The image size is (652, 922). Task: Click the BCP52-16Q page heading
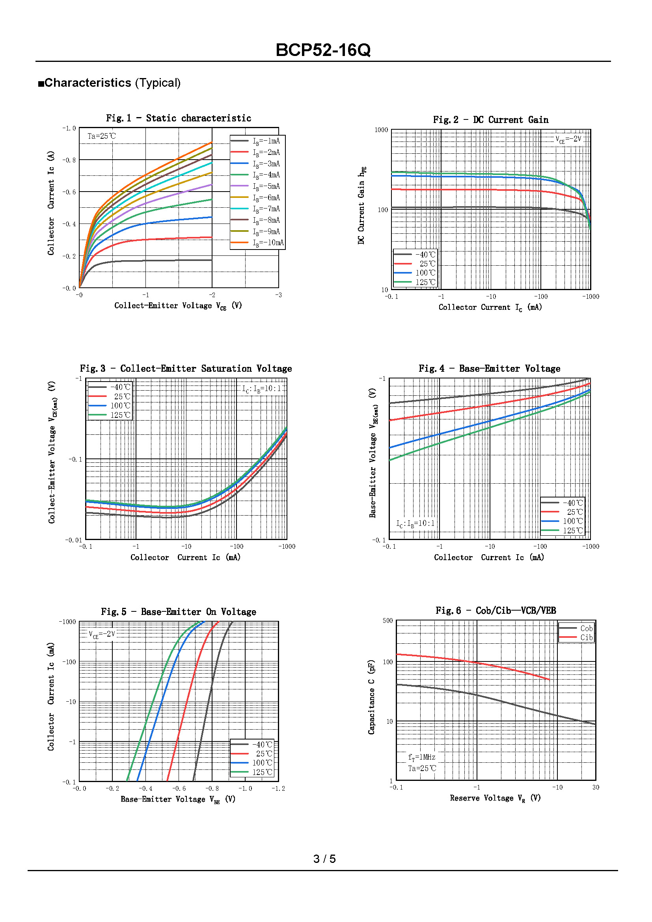[x=323, y=50]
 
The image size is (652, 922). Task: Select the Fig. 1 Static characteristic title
[x=178, y=118]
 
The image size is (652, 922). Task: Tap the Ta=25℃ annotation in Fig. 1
[x=102, y=136]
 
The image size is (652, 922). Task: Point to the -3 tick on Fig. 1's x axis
[x=278, y=295]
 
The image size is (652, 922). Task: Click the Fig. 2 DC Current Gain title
[x=490, y=120]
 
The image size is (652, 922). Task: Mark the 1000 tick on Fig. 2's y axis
[x=381, y=130]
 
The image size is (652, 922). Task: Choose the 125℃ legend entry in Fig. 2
[x=425, y=282]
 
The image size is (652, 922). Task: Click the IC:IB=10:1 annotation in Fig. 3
[x=261, y=389]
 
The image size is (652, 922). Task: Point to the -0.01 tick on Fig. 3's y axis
[x=73, y=540]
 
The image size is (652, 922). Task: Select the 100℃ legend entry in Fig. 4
[x=572, y=521]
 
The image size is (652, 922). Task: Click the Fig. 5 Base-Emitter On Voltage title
[x=178, y=612]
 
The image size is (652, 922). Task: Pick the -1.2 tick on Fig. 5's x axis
[x=278, y=788]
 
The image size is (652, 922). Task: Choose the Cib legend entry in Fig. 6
[x=586, y=637]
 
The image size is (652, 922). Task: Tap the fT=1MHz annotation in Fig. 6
[x=421, y=757]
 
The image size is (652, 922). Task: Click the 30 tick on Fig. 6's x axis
[x=595, y=787]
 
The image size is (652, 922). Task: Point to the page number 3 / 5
[x=324, y=859]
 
